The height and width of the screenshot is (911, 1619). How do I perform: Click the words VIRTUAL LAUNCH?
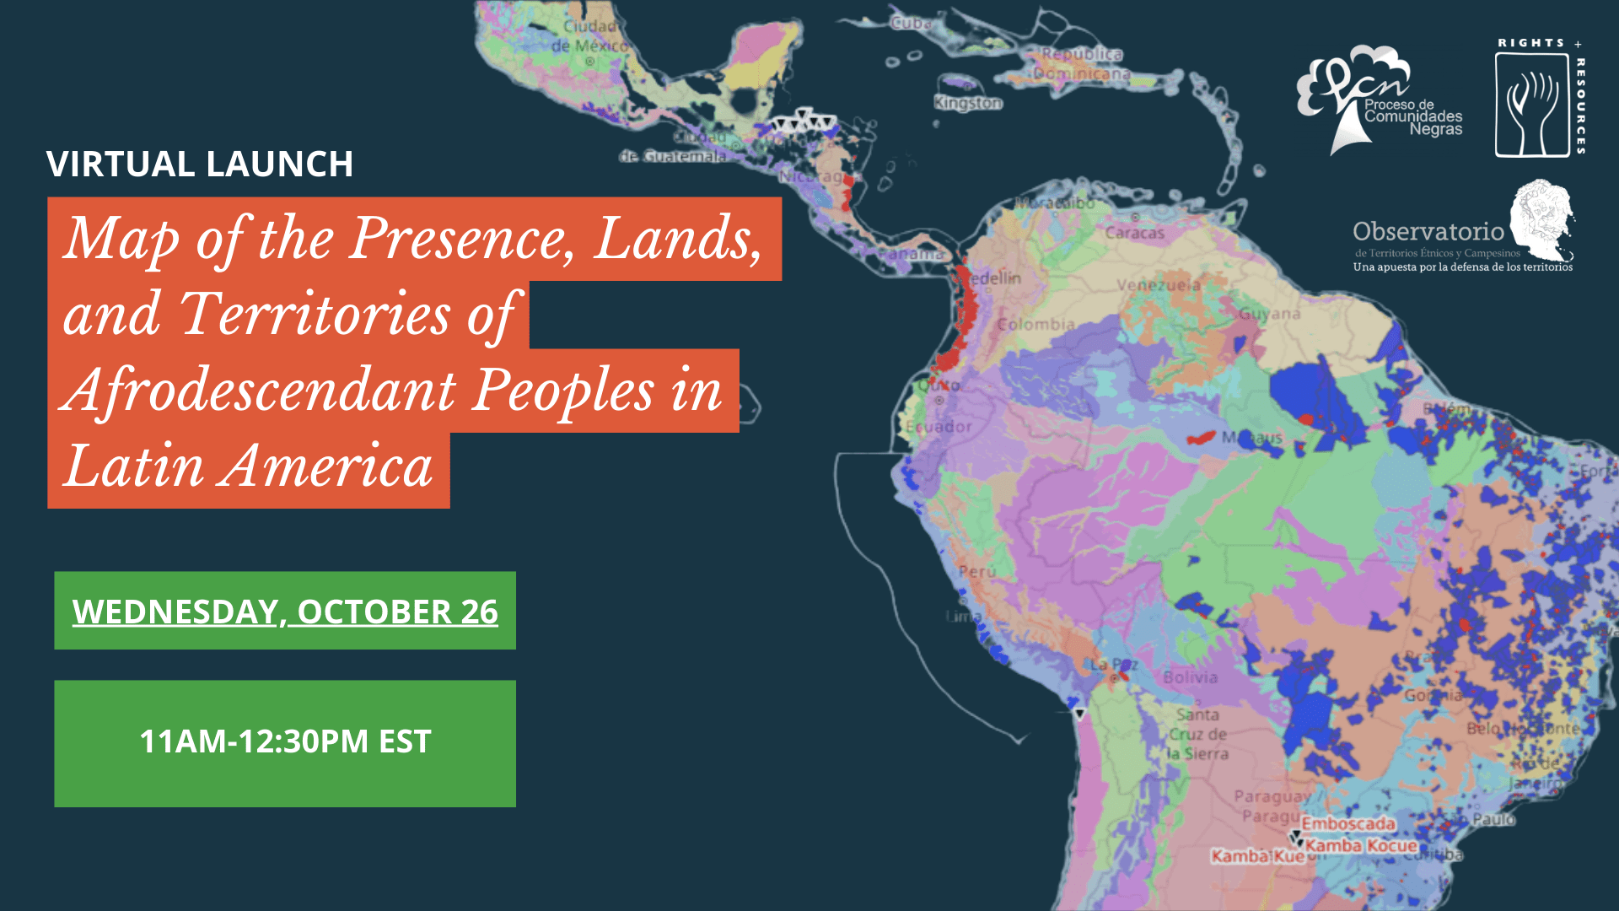(x=200, y=164)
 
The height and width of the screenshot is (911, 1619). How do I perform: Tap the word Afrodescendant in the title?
(x=261, y=390)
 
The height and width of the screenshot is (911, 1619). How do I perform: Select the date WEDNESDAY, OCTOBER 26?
(x=285, y=612)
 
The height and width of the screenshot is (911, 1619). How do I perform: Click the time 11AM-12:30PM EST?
(x=285, y=741)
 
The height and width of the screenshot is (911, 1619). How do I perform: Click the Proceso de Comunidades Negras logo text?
(x=1413, y=116)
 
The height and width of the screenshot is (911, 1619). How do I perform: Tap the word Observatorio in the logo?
(x=1428, y=231)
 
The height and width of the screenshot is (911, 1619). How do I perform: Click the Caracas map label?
(x=1134, y=233)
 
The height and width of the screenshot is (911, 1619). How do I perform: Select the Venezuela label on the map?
(x=1159, y=285)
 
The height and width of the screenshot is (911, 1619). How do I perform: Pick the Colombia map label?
(x=1036, y=325)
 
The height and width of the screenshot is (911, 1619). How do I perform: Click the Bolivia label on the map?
(x=1190, y=677)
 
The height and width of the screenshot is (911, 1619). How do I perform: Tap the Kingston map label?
(x=968, y=103)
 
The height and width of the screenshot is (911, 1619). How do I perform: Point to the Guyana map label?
(x=1269, y=314)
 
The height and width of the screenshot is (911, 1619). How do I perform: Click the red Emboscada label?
(x=1347, y=823)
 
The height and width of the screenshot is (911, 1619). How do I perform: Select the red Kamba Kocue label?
(x=1361, y=845)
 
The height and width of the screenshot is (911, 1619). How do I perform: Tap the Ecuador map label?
(x=939, y=427)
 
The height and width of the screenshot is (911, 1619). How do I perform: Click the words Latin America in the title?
(x=249, y=466)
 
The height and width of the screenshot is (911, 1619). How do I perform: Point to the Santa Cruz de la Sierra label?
(x=1197, y=734)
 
